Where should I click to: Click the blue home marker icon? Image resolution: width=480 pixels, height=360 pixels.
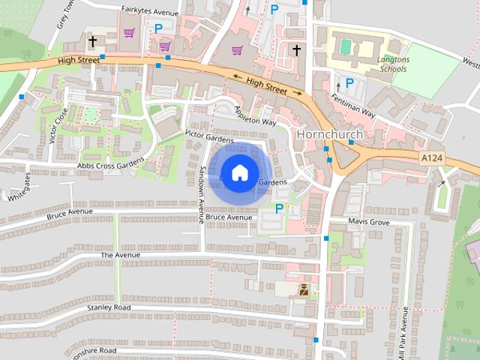pyautogui.click(x=239, y=173)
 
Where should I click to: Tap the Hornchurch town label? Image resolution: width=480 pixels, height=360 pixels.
pyautogui.click(x=330, y=134)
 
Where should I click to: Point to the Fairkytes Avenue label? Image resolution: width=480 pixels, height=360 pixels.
pyautogui.click(x=150, y=13)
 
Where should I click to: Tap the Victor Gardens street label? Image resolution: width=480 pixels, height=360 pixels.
pyautogui.click(x=209, y=136)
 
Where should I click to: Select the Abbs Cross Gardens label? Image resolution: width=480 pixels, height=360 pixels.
pyautogui.click(x=110, y=164)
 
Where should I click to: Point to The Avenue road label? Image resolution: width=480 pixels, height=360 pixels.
pyautogui.click(x=120, y=255)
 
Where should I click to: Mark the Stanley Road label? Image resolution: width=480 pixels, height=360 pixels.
pyautogui.click(x=109, y=307)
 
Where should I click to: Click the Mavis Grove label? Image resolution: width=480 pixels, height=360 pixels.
pyautogui.click(x=369, y=222)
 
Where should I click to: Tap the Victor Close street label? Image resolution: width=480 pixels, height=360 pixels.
pyautogui.click(x=58, y=125)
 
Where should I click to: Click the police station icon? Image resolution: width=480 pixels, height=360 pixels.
pyautogui.click(x=304, y=289)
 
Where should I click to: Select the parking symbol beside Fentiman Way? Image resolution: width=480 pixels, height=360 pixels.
pyautogui.click(x=349, y=83)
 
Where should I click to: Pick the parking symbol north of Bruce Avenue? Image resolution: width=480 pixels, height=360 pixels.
pyautogui.click(x=280, y=208)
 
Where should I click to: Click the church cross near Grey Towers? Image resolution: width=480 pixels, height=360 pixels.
pyautogui.click(x=94, y=41)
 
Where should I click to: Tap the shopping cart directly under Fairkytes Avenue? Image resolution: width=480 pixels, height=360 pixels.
pyautogui.click(x=129, y=33)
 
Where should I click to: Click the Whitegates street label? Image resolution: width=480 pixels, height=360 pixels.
pyautogui.click(x=17, y=187)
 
